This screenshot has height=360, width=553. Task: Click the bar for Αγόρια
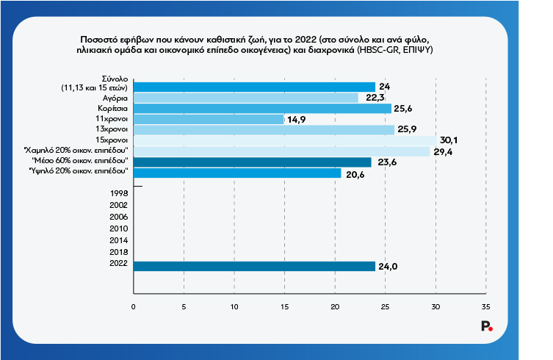(245, 98)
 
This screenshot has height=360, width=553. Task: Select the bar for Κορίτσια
(262, 108)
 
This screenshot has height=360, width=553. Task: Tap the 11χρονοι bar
(208, 119)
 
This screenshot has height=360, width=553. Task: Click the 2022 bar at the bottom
(254, 266)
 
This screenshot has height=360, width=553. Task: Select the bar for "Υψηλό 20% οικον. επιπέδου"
(236, 173)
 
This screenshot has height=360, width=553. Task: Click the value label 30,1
(449, 140)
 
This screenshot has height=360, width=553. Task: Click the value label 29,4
(442, 151)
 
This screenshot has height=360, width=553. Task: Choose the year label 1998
(118, 192)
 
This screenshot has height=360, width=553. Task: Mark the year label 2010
(118, 228)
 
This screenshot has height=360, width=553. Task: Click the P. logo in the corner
(486, 328)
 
